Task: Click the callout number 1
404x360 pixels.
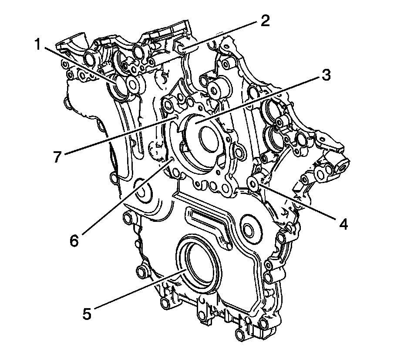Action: tap(38, 44)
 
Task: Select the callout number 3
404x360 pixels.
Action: tap(326, 75)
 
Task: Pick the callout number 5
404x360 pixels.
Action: tap(87, 313)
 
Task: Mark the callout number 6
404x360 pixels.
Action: tap(74, 241)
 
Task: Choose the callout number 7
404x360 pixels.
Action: tap(58, 156)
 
